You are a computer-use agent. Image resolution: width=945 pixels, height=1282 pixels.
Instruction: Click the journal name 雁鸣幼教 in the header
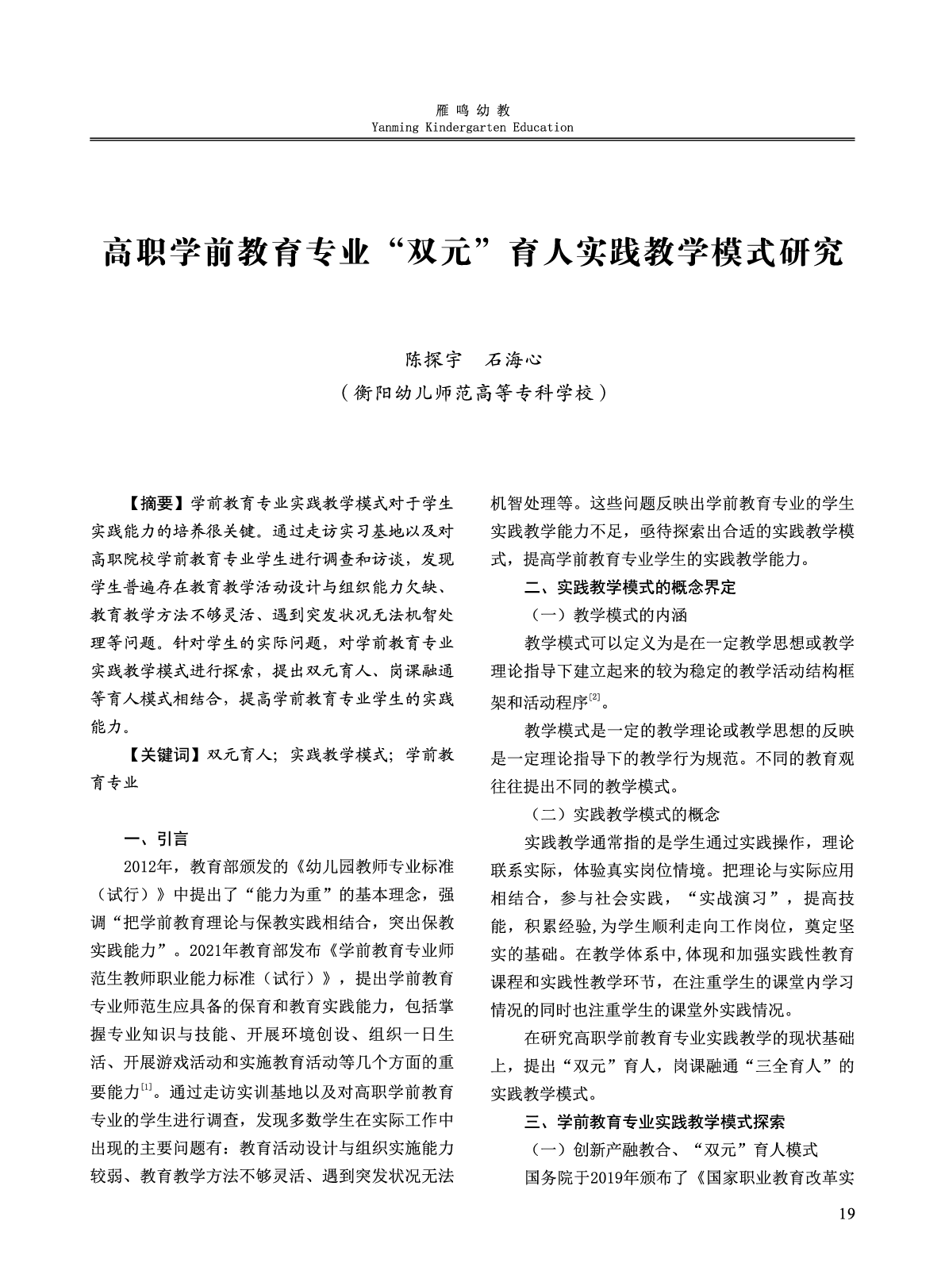(x=472, y=110)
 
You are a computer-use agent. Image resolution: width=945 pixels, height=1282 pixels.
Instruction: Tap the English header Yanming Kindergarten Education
(x=472, y=127)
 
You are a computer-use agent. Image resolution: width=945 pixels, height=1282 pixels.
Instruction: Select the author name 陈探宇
(x=432, y=359)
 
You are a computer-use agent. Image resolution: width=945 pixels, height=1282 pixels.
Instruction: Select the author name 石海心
(x=513, y=359)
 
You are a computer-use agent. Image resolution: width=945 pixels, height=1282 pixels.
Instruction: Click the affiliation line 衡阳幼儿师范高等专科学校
(x=473, y=393)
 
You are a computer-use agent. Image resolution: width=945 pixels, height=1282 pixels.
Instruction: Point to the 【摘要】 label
(x=156, y=504)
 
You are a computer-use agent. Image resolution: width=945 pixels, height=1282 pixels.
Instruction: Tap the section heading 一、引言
(x=156, y=839)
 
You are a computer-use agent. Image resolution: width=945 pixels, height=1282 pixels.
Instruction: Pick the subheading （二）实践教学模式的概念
(x=623, y=815)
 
